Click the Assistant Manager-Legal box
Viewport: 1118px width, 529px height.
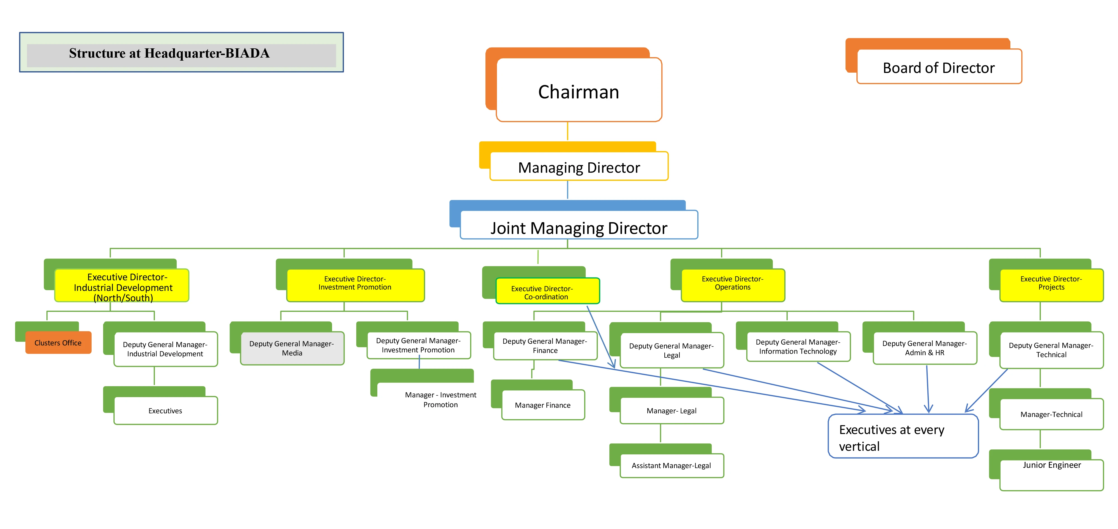click(x=671, y=466)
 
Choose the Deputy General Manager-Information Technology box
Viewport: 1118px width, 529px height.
click(x=798, y=346)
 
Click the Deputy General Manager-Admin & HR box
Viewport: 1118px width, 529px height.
click(x=924, y=348)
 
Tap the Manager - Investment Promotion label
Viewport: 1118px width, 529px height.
click(x=440, y=400)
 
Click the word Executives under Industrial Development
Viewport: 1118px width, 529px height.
click(x=165, y=411)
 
